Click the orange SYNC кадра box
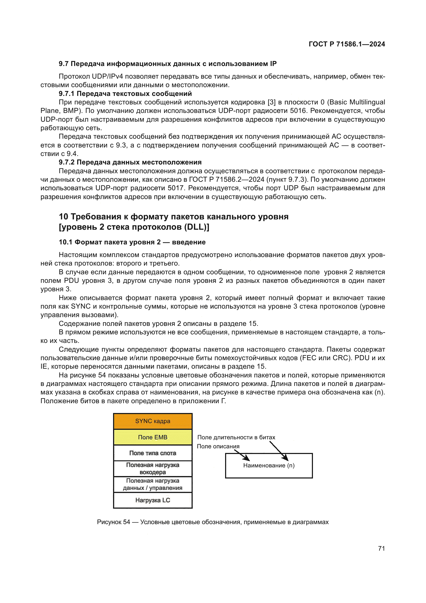click(153, 421)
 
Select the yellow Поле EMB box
click(153, 437)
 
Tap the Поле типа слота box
click(153, 453)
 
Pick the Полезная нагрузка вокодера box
click(153, 468)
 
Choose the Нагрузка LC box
click(153, 500)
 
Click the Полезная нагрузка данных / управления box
click(153, 484)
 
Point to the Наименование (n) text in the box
click(269, 465)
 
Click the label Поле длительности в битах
click(236, 437)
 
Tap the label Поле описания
click(218, 446)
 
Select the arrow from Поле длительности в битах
click(279, 451)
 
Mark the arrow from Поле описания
click(242, 455)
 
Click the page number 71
click(381, 548)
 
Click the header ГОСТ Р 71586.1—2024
click(347, 44)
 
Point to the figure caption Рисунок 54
click(212, 522)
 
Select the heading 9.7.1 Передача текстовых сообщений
click(125, 94)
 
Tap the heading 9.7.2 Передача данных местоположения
click(130, 162)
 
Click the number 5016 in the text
click(299, 111)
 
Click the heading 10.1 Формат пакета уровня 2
click(132, 242)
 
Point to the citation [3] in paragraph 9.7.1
click(271, 102)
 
